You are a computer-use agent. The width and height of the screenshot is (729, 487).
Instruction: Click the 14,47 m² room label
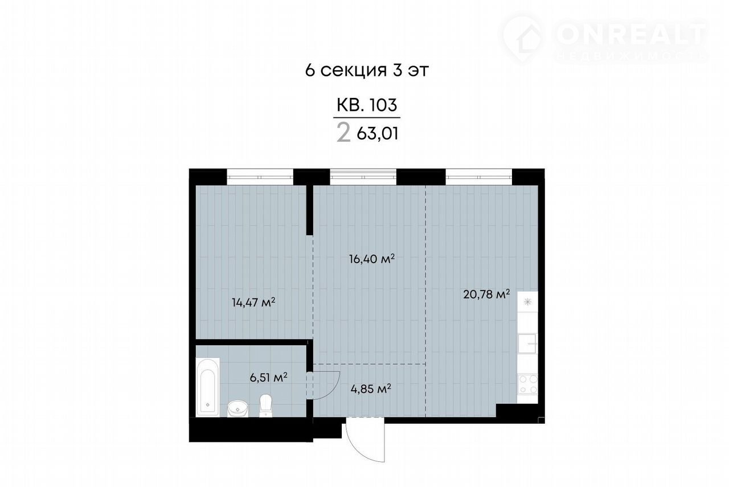(253, 302)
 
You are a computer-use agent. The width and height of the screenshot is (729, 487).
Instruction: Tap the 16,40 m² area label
(372, 259)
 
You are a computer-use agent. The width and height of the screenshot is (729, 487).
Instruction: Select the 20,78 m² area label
(486, 294)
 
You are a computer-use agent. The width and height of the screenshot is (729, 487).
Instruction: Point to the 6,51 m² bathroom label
(268, 377)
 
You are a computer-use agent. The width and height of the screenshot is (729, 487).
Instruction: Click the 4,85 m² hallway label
(371, 388)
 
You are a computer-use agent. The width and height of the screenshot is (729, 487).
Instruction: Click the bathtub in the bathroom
(208, 387)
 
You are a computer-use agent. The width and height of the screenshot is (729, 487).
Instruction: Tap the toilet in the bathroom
(265, 406)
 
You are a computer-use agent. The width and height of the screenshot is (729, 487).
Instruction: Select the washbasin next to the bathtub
(237, 408)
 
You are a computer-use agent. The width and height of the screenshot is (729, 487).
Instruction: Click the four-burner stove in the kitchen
(527, 384)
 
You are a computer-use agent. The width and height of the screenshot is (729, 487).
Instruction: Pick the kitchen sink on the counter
(527, 343)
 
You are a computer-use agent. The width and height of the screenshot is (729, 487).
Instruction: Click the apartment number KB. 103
(367, 105)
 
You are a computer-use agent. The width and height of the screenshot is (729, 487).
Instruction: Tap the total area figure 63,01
(378, 133)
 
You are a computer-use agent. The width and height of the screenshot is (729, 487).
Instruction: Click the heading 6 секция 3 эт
(367, 70)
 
